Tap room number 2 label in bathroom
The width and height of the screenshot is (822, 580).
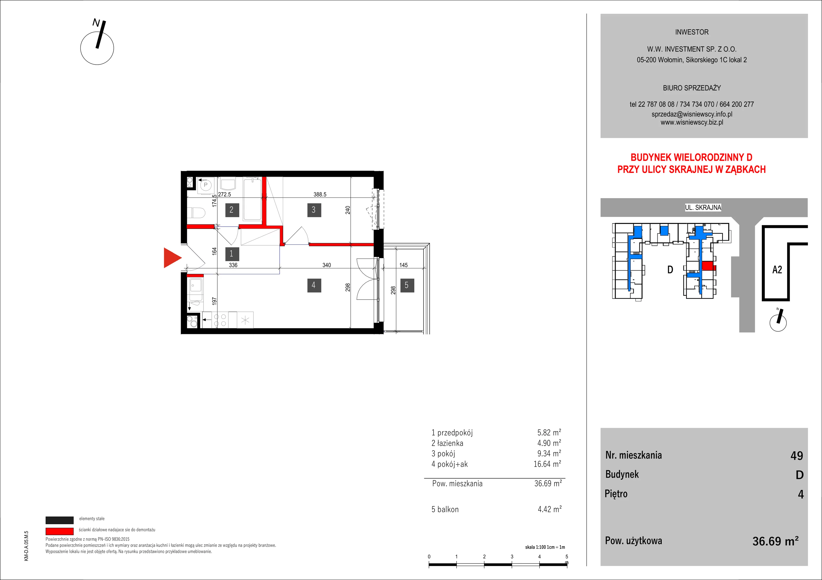point(232,210)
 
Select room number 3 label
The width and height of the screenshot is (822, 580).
point(314,210)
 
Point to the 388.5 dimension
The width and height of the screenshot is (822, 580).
point(320,194)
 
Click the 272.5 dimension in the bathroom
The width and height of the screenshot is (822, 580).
point(225,194)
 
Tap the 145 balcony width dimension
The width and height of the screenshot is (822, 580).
point(404,265)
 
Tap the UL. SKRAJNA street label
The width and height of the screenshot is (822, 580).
point(703,207)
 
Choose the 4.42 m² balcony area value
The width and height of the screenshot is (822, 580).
point(549,509)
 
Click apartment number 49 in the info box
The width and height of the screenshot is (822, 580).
point(797,456)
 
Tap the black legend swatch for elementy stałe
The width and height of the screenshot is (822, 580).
point(59,520)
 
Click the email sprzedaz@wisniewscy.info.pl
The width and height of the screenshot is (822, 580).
point(692,114)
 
